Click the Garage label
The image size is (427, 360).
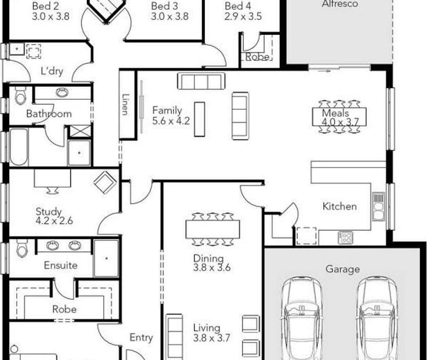[343, 269]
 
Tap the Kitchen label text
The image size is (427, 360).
[340, 206]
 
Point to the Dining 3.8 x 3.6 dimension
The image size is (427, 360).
[212, 268]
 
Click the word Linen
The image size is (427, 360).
[125, 105]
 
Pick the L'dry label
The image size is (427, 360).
[52, 71]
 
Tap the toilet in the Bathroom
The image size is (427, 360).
[20, 95]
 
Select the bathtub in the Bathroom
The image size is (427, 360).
[19, 147]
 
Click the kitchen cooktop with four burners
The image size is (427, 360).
[345, 238]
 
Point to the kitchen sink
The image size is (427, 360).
[378, 207]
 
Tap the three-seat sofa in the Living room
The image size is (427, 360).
[174, 337]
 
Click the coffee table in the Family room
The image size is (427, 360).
[199, 119]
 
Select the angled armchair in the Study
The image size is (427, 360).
[104, 182]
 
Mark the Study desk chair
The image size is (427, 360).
[52, 190]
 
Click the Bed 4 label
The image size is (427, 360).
[238, 6]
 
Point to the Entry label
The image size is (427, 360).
[141, 338]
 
